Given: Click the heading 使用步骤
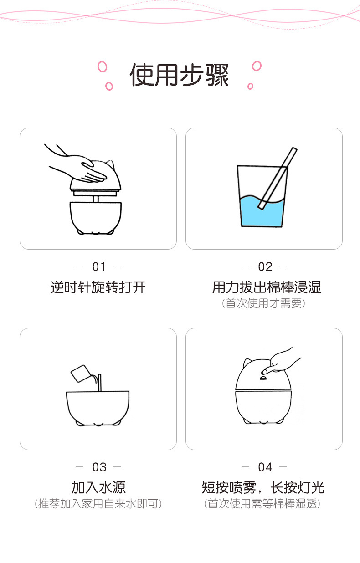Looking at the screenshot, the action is point(179,75).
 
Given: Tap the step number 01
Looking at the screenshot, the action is point(98,266).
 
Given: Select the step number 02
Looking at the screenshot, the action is point(265,266).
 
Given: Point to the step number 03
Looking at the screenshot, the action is point(99,467).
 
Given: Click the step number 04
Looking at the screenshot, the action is point(265,467).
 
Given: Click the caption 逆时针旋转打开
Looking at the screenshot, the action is point(98,287).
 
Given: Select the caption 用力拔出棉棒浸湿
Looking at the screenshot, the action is point(267,287).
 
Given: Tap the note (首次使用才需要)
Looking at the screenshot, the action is point(264,303).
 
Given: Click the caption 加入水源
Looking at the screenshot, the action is point(98,487).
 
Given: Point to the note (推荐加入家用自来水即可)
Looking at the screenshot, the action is point(98,504).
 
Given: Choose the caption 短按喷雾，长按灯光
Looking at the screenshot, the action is point(263,487).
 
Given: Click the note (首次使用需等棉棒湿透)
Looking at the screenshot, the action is point(262,504).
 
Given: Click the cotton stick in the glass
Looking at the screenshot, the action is point(278,178).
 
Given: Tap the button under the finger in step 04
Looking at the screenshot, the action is point(263,378).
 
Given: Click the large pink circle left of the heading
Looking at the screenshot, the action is point(103,67).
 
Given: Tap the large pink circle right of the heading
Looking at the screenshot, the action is point(257,66).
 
